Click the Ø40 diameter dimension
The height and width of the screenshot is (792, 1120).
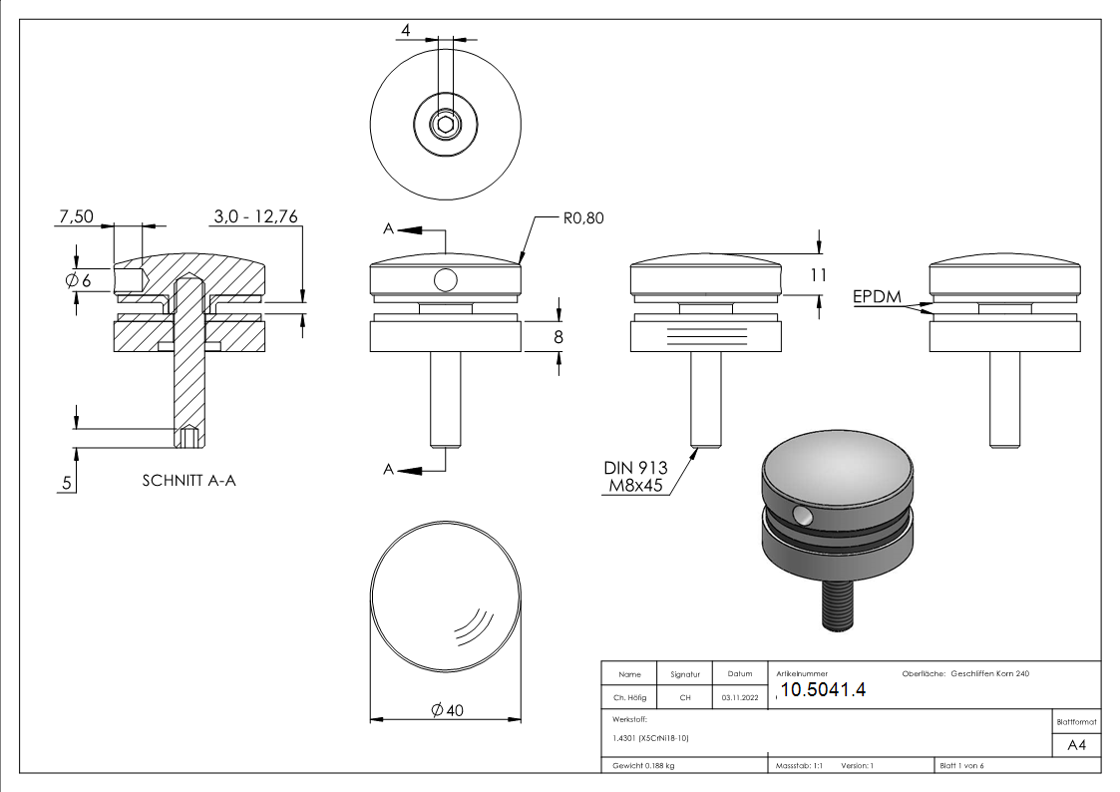(446, 709)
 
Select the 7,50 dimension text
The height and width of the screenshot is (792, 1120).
(77, 216)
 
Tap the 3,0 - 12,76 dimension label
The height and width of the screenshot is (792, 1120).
(255, 216)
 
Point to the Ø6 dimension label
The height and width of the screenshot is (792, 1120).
(78, 281)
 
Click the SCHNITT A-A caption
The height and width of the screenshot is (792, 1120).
(189, 481)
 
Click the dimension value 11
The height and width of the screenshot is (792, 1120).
(818, 276)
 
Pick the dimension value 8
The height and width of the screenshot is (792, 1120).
(559, 336)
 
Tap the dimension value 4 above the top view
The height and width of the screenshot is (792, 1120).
(405, 31)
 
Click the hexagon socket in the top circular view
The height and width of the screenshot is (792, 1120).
(445, 125)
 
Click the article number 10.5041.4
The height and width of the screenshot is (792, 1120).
(823, 690)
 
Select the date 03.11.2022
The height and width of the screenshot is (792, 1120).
(739, 698)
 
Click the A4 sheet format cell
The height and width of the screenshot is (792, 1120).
(1076, 744)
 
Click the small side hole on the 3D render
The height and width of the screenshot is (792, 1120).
(802, 515)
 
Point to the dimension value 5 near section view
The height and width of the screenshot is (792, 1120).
(67, 483)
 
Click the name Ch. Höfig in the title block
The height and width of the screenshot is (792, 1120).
(629, 698)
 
